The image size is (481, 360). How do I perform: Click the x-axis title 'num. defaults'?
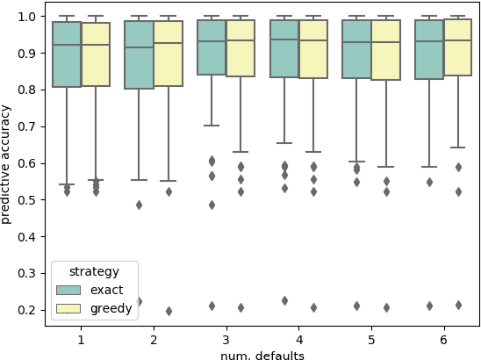point(262,355)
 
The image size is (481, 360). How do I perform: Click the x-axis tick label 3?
point(226,338)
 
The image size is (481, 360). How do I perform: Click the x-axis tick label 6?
point(444,338)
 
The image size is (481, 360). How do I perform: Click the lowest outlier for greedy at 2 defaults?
point(169,311)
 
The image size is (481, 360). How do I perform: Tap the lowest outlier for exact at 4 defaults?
point(284,300)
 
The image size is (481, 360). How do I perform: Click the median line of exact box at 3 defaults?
point(212,41)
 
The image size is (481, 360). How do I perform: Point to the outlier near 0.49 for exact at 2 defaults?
point(139,205)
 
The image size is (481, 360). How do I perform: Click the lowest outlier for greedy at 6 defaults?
point(458,305)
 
